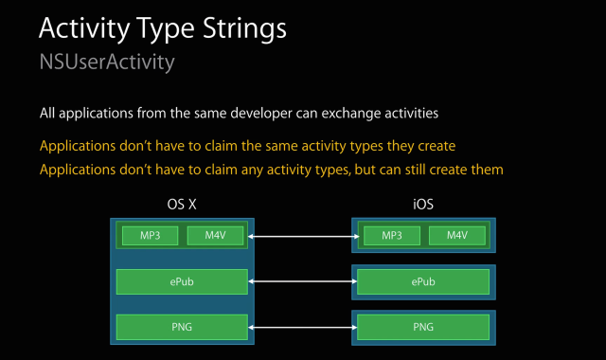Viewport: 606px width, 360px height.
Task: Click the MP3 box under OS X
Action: point(149,235)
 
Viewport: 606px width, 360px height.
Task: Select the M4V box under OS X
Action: point(215,235)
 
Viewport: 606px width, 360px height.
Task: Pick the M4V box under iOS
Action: point(457,235)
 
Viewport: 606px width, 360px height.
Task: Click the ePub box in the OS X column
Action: point(182,281)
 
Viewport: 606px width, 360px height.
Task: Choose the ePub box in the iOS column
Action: point(423,281)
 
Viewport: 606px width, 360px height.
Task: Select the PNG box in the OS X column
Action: point(182,327)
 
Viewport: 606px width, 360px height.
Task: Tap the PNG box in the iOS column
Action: point(423,327)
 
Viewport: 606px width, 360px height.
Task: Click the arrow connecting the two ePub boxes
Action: point(302,281)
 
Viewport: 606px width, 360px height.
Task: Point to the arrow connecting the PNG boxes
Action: point(302,327)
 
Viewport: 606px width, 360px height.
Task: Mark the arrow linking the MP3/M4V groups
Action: point(302,235)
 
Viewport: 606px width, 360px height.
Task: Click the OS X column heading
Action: point(182,204)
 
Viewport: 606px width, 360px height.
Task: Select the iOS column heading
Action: point(423,204)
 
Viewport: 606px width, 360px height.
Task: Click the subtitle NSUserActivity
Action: point(106,63)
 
